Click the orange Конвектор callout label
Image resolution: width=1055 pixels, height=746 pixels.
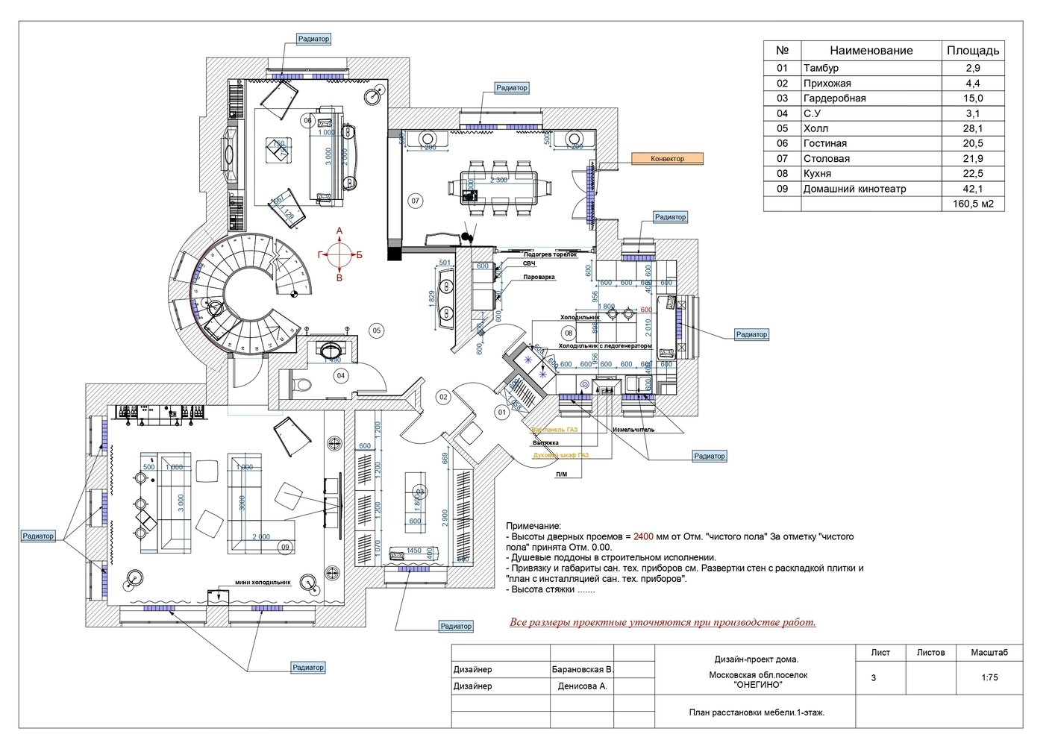point(667,159)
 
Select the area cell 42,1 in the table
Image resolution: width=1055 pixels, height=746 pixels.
point(973,189)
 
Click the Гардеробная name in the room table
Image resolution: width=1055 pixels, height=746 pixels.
point(834,98)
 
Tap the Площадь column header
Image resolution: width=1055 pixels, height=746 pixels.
point(973,51)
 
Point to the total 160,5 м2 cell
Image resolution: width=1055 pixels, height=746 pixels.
point(973,204)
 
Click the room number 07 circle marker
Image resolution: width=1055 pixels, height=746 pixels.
point(416,201)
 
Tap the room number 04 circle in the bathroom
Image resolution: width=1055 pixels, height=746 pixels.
point(341,375)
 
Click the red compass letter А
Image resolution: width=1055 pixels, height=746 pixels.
point(339,232)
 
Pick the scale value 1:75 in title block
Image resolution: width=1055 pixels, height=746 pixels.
point(989,678)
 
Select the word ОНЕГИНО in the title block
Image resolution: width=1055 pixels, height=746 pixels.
point(757,683)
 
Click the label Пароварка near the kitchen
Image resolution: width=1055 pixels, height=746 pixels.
point(538,276)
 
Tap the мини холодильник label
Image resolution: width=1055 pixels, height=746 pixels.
point(262,583)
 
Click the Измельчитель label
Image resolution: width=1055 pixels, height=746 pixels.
point(633,430)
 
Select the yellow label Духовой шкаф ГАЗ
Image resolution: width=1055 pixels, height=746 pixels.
point(560,455)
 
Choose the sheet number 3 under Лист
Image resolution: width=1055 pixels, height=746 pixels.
point(873,678)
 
